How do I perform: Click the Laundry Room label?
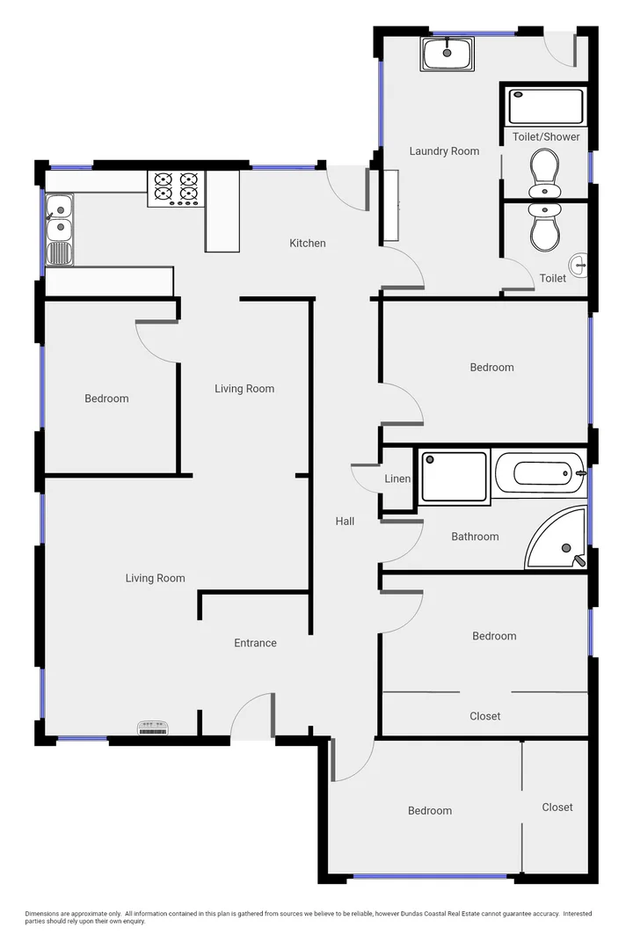pos(444,151)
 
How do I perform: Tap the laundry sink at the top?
pos(448,55)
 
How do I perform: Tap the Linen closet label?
pos(397,479)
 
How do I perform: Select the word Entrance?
pos(255,643)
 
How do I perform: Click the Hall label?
pos(345,522)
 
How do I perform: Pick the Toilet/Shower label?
pos(546,136)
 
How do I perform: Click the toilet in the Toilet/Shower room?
pos(545,172)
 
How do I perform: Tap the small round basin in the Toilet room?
pos(578,262)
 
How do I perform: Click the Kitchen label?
pos(308,243)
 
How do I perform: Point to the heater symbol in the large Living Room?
pos(152,727)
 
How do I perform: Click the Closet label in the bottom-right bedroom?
pos(557,807)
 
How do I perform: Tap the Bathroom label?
pos(475,537)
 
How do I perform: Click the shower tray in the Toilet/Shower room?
pos(546,106)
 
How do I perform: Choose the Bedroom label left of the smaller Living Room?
pos(106,398)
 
